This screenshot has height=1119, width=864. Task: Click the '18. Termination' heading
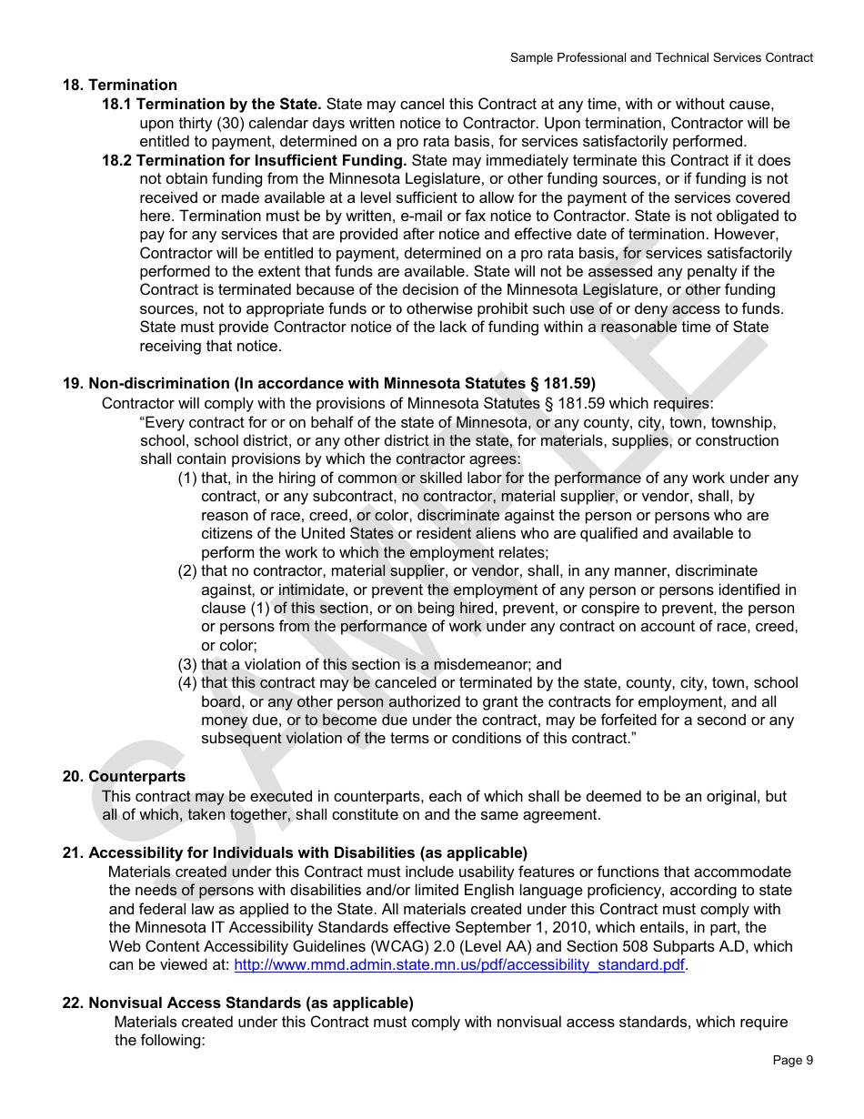119,86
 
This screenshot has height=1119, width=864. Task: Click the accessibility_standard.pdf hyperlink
459,965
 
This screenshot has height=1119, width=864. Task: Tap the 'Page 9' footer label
792,1060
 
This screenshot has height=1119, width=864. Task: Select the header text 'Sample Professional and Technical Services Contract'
661,57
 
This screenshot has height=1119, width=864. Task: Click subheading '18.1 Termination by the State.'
211,105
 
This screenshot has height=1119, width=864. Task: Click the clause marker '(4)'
187,683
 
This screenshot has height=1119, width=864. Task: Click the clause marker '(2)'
187,571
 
